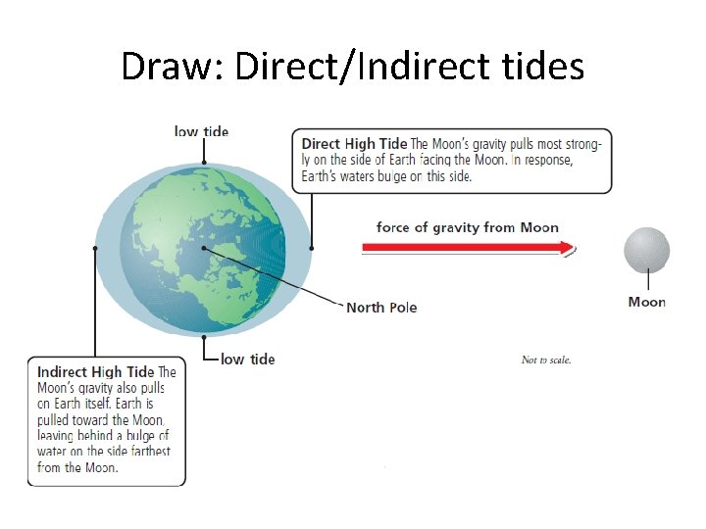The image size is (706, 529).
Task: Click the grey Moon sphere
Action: click(647, 250)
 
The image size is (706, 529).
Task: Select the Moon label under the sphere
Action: click(647, 302)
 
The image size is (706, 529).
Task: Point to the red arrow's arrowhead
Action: click(569, 248)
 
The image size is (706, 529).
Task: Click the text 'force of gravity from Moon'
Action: click(468, 227)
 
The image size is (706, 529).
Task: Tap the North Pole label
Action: click(381, 308)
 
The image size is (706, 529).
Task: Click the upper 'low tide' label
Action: click(201, 131)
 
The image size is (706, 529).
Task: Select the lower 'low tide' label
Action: click(248, 360)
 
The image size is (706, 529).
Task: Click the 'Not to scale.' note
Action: click(546, 361)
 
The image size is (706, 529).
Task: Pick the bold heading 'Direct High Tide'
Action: click(354, 144)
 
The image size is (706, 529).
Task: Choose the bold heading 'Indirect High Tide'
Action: click(95, 372)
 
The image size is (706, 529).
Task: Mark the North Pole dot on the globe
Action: click(204, 248)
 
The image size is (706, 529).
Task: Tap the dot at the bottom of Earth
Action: click(203, 336)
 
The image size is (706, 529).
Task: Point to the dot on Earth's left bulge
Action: click(95, 249)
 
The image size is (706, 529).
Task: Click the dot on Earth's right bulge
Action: click(311, 249)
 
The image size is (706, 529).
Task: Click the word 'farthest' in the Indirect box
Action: click(146, 452)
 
